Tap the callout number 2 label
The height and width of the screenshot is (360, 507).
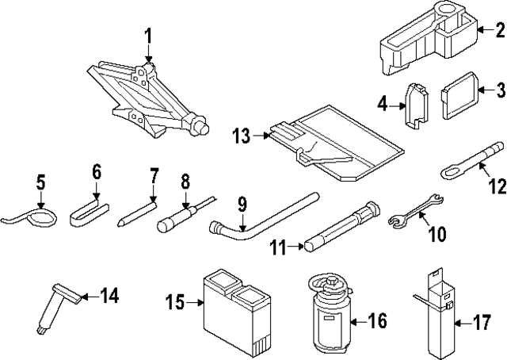coord(499,31)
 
